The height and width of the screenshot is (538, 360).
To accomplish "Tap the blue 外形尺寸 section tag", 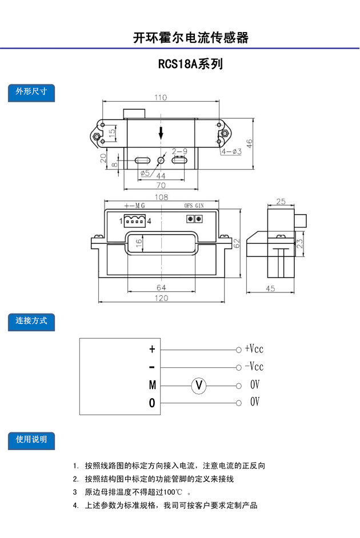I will (31, 92).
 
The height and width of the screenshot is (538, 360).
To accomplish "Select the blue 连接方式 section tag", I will (31, 321).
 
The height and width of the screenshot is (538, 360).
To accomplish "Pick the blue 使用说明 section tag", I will (31, 440).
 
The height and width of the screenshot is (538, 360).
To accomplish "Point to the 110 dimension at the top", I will (161, 97).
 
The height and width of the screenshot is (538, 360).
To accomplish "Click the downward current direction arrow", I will (162, 134).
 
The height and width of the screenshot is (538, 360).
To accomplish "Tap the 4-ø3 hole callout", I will (231, 151).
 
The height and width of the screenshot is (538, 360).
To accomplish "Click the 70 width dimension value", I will (161, 185).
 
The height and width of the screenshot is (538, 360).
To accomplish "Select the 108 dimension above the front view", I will (161, 197).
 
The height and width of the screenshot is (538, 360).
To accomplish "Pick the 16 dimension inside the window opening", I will (138, 243).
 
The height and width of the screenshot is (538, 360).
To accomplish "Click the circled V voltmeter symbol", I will (199, 385).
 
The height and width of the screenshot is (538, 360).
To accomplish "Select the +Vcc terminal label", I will (254, 348).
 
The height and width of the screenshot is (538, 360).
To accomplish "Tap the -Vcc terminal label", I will (254, 366).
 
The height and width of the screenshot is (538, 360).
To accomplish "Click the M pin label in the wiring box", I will (152, 386).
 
